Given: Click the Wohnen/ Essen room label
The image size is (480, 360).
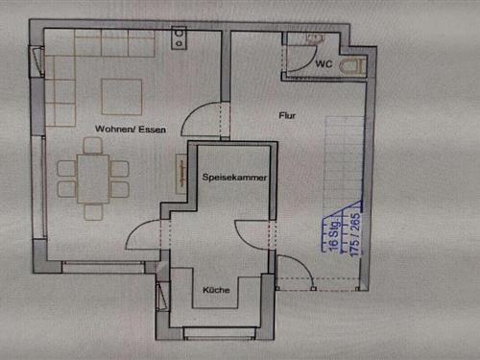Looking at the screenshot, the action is (131, 130).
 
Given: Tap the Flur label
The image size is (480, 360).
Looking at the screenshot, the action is (287, 115).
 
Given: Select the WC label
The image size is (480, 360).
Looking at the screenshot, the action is (324, 64).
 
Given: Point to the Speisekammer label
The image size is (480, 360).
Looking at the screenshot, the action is (234, 177).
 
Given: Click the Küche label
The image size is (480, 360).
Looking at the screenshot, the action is (216, 290).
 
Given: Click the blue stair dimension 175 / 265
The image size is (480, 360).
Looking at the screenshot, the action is (355, 235).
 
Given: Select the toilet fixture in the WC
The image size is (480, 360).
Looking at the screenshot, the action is (353, 67).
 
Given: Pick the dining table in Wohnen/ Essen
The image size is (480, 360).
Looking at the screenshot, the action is (93, 179).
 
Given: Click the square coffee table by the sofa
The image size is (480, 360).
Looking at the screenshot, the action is (122, 97).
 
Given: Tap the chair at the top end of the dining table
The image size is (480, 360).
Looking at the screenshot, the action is (93, 146).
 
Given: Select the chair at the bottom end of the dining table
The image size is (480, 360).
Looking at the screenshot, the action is (93, 212).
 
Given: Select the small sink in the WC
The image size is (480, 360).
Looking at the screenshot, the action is (315, 38).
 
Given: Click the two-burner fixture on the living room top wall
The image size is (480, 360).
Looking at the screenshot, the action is (179, 37).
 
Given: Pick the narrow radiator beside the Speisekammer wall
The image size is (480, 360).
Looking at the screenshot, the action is (181, 174).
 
